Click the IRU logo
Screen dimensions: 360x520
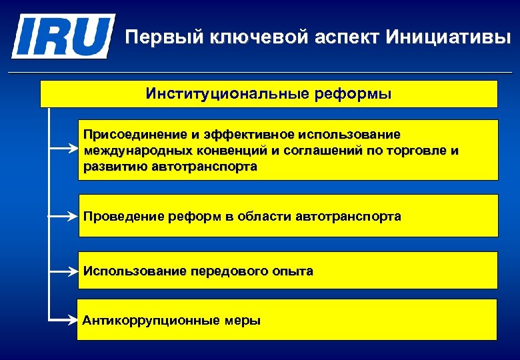coord(63,36)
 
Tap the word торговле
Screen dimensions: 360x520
coord(409,151)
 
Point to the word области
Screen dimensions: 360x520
coord(263,217)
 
